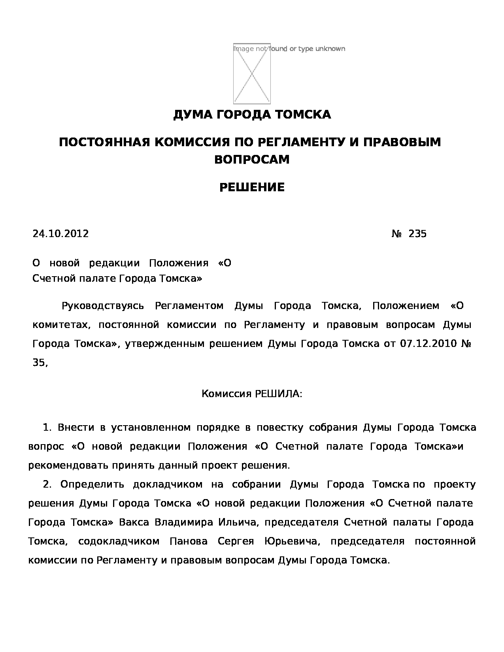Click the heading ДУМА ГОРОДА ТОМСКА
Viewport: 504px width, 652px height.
pos(252,115)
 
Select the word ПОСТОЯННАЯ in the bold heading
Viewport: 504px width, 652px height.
pos(104,142)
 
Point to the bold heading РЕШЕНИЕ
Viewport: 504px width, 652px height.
pos(252,187)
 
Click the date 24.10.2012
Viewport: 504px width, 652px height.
pos(60,234)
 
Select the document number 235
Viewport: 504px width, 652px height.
pos(417,234)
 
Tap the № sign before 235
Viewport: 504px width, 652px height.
pos(396,234)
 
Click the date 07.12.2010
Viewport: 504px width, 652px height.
pos(429,344)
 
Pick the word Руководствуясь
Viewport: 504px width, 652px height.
pos(102,306)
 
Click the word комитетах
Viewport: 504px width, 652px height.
pos(62,325)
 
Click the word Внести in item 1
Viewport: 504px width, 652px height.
pos(76,428)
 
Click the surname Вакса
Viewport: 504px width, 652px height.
pos(134,522)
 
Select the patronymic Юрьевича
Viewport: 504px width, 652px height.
pos(291,541)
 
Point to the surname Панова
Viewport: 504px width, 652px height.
pos(188,541)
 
